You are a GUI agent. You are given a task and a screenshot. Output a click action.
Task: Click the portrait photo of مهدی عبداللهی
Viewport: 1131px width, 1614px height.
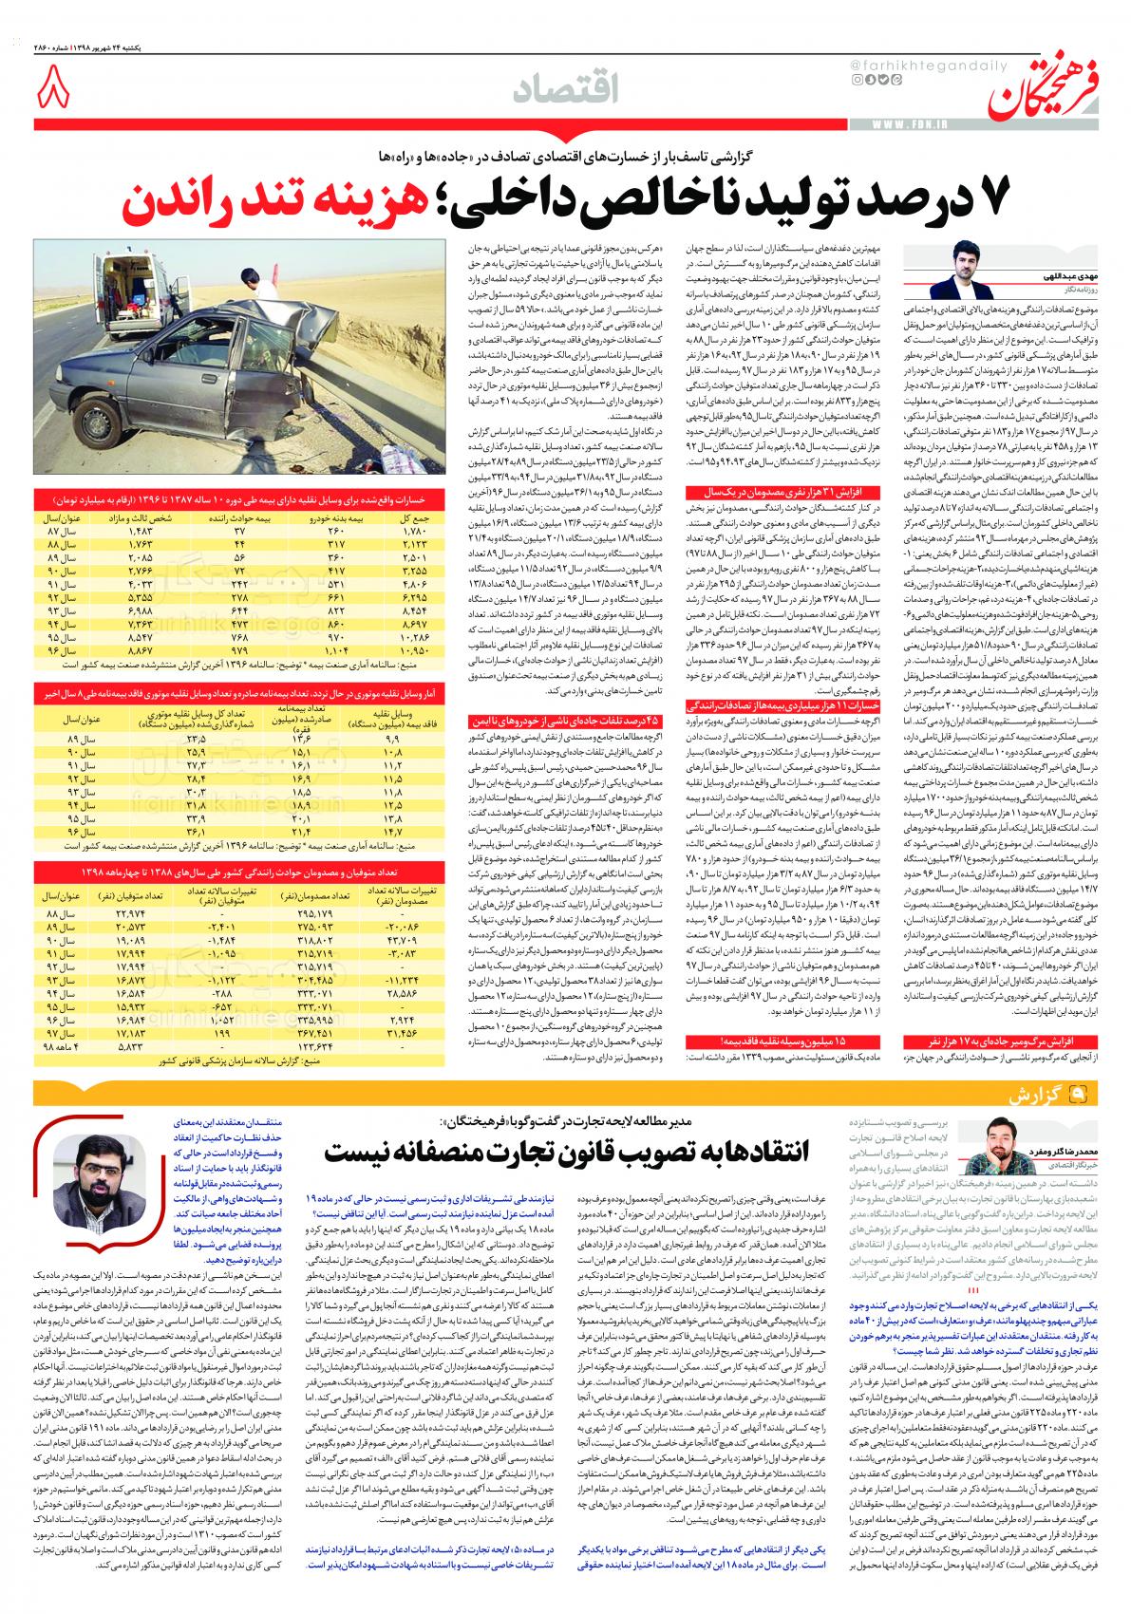[x=965, y=272]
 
